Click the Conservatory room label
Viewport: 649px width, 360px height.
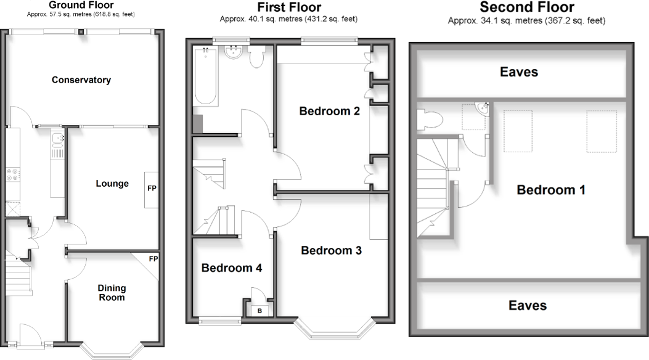[81, 80]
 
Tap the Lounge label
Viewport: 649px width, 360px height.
[112, 183]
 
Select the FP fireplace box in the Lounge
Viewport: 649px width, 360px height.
[151, 189]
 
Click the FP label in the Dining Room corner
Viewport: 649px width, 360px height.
[153, 259]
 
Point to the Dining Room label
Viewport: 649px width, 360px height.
[112, 293]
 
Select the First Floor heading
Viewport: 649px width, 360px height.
[288, 8]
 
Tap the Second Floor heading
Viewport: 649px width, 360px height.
[526, 7]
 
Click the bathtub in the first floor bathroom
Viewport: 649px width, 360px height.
[205, 77]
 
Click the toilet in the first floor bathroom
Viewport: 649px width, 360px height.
[257, 57]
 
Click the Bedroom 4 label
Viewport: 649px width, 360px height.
[232, 268]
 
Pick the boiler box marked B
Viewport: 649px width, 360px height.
[259, 310]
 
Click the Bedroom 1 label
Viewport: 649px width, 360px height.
[550, 190]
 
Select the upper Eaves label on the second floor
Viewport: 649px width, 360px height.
[518, 72]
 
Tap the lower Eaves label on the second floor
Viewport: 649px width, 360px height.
[528, 305]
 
